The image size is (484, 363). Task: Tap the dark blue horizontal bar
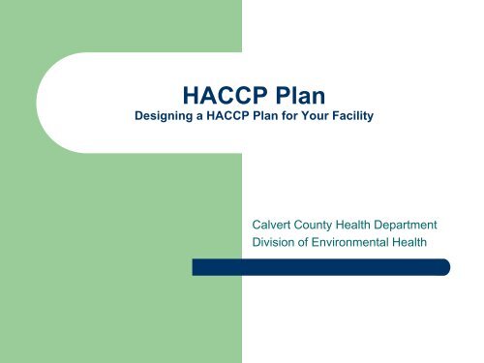(x=319, y=267)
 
